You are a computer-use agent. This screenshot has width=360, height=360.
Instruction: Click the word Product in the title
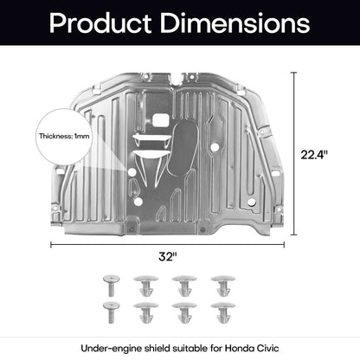click(x=100, y=23)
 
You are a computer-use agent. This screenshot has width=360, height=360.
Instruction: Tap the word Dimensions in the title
click(x=235, y=22)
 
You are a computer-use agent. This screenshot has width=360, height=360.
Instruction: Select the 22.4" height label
click(x=314, y=155)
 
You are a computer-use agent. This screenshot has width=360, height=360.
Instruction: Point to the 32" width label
click(x=168, y=256)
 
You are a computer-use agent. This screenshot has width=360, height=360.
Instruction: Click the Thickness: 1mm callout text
click(x=64, y=136)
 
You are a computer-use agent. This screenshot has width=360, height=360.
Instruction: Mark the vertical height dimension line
click(x=294, y=153)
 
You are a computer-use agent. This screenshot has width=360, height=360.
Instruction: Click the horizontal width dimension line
click(x=167, y=245)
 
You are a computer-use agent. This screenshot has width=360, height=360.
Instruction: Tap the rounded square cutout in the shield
click(x=161, y=120)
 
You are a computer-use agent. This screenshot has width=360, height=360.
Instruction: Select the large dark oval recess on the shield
click(x=183, y=150)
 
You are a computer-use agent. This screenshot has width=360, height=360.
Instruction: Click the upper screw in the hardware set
click(x=112, y=286)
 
